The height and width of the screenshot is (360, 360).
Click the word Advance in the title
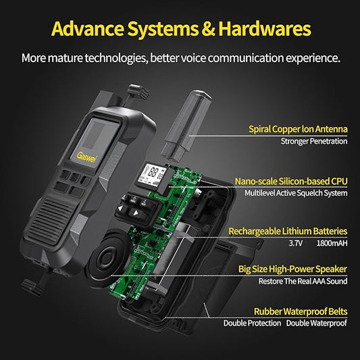pos(88,28)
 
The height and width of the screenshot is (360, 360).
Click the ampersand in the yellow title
pos(208,28)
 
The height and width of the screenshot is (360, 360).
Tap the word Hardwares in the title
pos(265,28)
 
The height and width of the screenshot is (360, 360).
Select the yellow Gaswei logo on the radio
pos(86,157)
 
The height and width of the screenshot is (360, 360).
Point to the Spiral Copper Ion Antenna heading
pos(298,129)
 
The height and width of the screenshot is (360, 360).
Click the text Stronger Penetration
pos(314,141)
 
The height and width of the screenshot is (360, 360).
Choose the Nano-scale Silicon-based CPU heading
pos(291,182)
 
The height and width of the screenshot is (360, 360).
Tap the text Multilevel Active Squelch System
pos(296,193)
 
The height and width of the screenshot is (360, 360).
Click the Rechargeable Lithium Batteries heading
pos(288,231)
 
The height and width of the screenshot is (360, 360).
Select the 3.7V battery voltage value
pos(296,243)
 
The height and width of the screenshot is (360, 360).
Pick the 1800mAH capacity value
pos(332,243)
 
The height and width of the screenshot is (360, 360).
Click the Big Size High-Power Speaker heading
pos(292,269)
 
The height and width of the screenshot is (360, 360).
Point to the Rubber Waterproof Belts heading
pos(301,311)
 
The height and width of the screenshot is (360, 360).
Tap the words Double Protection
pos(252,324)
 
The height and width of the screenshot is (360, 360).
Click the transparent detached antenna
pos(186,126)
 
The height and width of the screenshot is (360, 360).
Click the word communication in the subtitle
pos(246,58)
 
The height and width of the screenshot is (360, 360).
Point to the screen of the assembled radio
pos(95,143)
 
